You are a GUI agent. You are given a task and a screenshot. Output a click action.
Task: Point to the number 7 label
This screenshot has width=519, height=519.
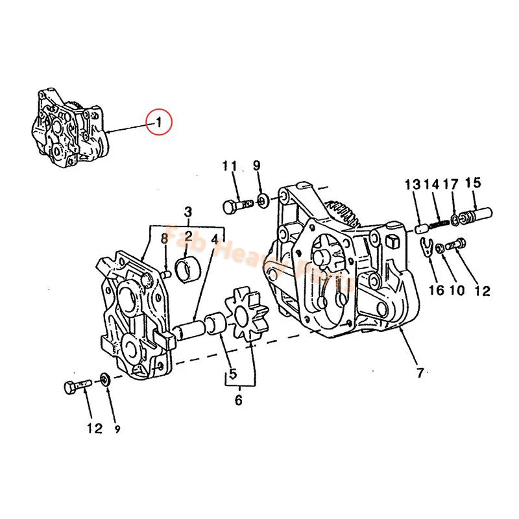coord(420,373)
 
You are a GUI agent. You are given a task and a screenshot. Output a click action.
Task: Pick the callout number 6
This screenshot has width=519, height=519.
coord(238,401)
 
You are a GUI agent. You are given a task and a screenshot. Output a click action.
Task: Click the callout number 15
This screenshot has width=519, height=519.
coord(473,183)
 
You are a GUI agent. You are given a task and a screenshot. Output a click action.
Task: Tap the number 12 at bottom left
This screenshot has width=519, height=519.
coord(94,428)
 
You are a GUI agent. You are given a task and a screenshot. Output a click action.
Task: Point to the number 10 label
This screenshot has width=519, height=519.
coord(458,289)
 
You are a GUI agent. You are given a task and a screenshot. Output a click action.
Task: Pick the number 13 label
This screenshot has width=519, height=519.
coord(413,184)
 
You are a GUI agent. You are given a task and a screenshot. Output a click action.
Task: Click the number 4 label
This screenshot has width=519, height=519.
coord(214,238)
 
